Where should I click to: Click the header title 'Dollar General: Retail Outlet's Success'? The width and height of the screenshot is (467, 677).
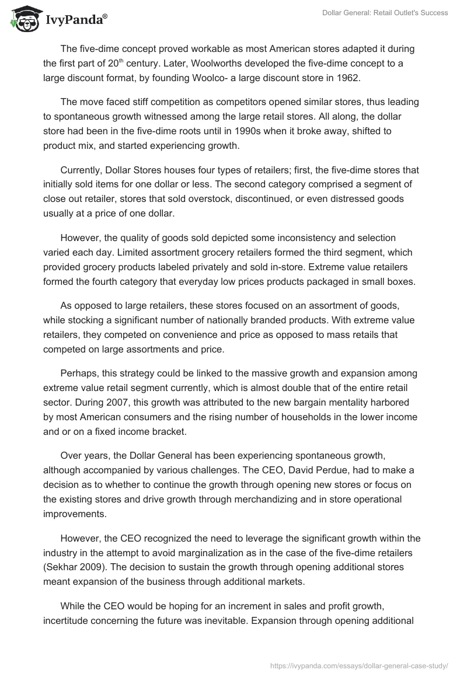tap(385, 13)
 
